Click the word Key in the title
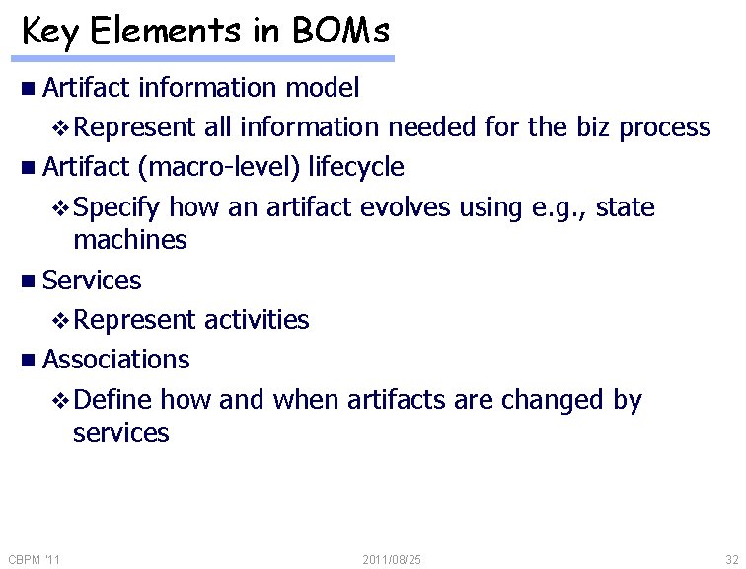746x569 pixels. click(x=52, y=32)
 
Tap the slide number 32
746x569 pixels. click(x=731, y=560)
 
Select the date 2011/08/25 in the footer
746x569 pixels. click(x=392, y=560)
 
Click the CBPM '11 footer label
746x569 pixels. click(x=34, y=560)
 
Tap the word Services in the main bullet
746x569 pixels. click(x=92, y=281)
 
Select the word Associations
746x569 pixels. click(x=116, y=360)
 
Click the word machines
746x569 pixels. click(x=129, y=240)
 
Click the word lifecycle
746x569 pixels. click(x=356, y=167)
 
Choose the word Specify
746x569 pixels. click(x=117, y=208)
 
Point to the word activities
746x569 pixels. click(x=256, y=320)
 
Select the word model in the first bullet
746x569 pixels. click(x=322, y=88)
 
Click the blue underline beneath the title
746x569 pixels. click(x=207, y=59)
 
